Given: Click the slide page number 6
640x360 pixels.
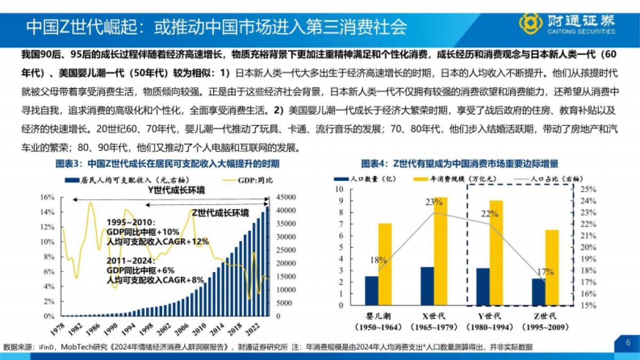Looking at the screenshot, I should (x=628, y=342).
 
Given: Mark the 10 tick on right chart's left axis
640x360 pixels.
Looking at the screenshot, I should (x=340, y=189).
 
